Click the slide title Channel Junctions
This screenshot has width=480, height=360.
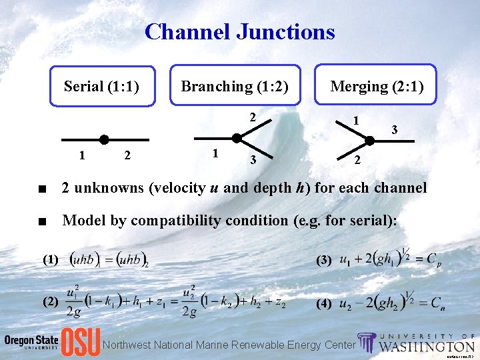coord(239,31)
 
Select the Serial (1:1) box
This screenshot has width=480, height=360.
coord(102,86)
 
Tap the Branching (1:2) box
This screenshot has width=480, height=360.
coord(235,86)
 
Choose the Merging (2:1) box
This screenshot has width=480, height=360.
coord(377,86)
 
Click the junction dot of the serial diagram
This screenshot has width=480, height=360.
coord(104,139)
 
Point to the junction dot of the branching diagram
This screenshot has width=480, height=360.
coord(237,138)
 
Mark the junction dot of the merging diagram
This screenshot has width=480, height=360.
coord(369,141)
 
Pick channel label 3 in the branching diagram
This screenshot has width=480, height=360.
coord(252,159)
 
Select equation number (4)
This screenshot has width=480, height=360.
coord(323,303)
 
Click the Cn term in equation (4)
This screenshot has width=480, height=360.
coord(437,304)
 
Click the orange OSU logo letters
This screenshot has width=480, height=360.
coord(81,342)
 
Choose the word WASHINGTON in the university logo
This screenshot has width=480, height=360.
coord(427,347)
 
